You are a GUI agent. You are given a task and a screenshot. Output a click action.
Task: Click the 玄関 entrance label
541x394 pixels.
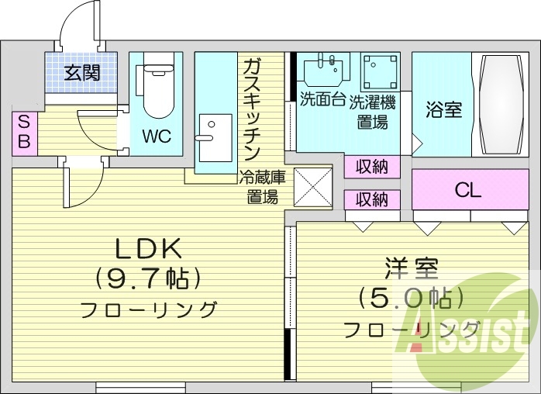81,74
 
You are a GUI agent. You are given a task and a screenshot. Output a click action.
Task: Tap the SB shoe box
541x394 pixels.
23,132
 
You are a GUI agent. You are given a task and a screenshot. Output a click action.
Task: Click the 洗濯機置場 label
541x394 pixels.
372,111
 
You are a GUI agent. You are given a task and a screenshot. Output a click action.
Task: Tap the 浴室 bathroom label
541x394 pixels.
444,109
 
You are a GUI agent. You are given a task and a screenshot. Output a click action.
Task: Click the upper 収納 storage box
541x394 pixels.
372,166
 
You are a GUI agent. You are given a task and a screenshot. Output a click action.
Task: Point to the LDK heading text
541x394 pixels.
149,250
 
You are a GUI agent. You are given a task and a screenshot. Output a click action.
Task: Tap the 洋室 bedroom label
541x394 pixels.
412,271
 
